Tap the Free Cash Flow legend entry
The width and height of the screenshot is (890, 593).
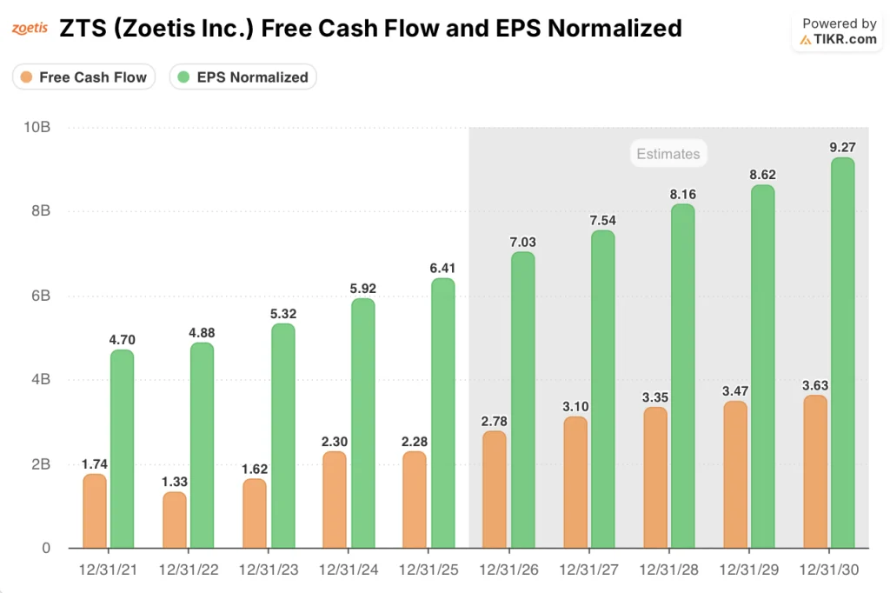(84, 77)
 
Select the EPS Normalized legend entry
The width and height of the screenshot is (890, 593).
(243, 77)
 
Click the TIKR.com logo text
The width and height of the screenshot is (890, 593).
(839, 40)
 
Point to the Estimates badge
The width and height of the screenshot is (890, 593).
(667, 154)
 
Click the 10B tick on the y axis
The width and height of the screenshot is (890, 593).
(36, 127)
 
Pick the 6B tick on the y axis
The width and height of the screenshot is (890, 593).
(39, 296)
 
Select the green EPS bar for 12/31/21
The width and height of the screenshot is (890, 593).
(122, 449)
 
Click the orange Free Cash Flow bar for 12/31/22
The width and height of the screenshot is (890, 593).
(175, 520)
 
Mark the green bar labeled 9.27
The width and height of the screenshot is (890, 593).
(842, 352)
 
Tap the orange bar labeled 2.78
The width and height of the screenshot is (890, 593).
(495, 490)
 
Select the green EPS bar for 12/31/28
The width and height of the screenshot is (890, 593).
(682, 376)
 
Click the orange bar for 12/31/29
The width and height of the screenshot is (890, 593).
(735, 475)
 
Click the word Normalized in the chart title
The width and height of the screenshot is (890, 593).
(608, 28)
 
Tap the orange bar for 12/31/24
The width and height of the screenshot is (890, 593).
(335, 499)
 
